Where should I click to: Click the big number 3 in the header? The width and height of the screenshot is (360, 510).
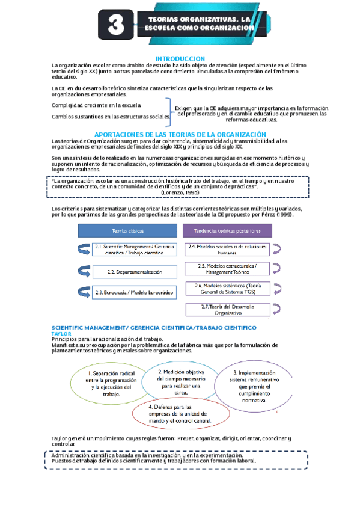tap(116, 25)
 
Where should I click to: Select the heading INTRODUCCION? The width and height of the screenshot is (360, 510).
tap(180, 58)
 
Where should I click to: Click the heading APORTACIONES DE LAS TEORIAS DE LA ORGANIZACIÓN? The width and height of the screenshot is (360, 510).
tap(180, 134)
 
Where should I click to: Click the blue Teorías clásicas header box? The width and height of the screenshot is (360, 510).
tap(127, 230)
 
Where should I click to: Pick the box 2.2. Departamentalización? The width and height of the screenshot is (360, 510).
tap(135, 272)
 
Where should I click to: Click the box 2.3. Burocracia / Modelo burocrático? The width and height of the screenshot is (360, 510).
tap(135, 292)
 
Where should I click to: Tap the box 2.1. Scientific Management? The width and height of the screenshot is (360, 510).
tap(135, 249)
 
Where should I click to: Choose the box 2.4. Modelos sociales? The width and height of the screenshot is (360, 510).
tap(227, 249)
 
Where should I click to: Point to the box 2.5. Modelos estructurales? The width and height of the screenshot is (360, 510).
tap(227, 269)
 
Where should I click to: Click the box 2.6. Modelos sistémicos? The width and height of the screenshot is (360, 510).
tap(227, 289)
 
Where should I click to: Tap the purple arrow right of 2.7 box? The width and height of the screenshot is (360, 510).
tap(277, 309)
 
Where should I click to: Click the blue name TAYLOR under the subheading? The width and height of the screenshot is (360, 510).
tap(61, 333)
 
